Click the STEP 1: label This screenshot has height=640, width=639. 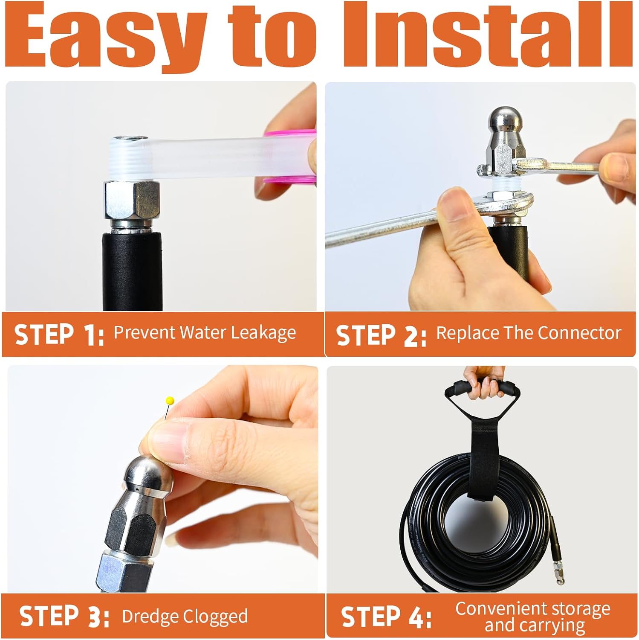[59, 335]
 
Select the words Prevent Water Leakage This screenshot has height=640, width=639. [205, 333]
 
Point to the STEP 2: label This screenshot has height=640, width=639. [381, 335]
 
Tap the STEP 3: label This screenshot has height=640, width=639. [64, 616]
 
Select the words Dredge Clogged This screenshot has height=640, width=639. [185, 617]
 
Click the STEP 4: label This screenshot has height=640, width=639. [386, 617]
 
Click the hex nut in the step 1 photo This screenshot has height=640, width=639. [132, 199]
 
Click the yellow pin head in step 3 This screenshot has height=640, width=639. [170, 401]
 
